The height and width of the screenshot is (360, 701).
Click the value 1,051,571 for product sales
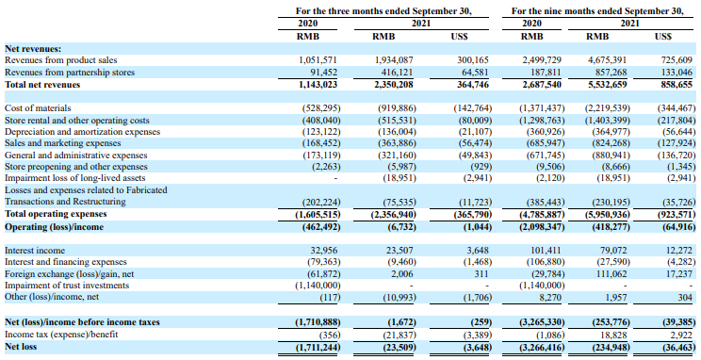click(318, 60)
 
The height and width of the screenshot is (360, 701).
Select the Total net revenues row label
click(42, 85)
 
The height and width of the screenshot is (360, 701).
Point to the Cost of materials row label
click(38, 108)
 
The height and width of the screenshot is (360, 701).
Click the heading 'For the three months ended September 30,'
click(383, 10)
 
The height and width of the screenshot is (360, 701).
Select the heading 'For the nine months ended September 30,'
click(597, 10)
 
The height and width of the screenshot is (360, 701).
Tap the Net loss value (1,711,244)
click(318, 347)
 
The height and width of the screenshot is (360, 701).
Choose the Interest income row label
click(35, 251)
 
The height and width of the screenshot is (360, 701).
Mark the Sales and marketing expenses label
click(62, 143)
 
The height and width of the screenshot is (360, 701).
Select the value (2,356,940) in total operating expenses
click(394, 214)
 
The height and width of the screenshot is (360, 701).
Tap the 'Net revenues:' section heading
click(33, 49)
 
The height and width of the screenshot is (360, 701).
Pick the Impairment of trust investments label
click(67, 286)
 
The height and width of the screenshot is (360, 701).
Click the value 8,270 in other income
click(551, 297)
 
